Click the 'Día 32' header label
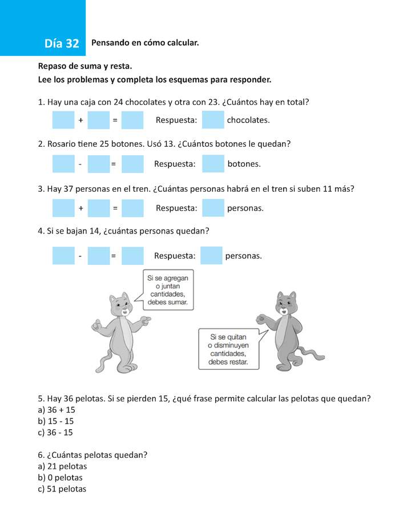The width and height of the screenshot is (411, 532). click(x=62, y=44)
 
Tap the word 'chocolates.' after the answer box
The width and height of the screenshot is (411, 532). click(x=248, y=120)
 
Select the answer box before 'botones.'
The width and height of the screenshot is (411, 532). click(x=213, y=164)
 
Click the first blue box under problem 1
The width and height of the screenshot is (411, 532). click(x=63, y=120)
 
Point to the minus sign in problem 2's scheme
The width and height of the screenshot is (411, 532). click(x=80, y=164)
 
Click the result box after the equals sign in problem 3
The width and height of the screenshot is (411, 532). click(x=132, y=208)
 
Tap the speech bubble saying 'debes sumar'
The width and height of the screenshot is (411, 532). click(x=167, y=289)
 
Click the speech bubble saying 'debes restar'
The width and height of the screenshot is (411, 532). click(x=228, y=348)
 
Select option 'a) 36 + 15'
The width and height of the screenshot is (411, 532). click(x=57, y=410)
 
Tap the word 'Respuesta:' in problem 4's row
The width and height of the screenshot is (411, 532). click(x=175, y=256)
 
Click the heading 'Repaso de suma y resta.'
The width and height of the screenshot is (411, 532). click(x=85, y=66)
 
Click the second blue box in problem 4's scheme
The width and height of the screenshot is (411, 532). click(x=98, y=256)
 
